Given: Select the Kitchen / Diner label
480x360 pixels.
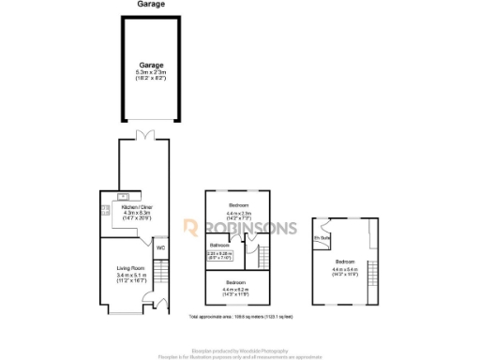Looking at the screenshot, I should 131,206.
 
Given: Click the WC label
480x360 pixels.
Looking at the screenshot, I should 160,247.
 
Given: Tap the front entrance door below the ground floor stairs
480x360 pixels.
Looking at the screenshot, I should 162,304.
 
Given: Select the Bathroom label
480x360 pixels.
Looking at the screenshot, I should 220,246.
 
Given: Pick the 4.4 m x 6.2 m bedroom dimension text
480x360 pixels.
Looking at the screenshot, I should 235,290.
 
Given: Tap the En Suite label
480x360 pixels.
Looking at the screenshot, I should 322,238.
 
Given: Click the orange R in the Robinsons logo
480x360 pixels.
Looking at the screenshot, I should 189,228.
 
